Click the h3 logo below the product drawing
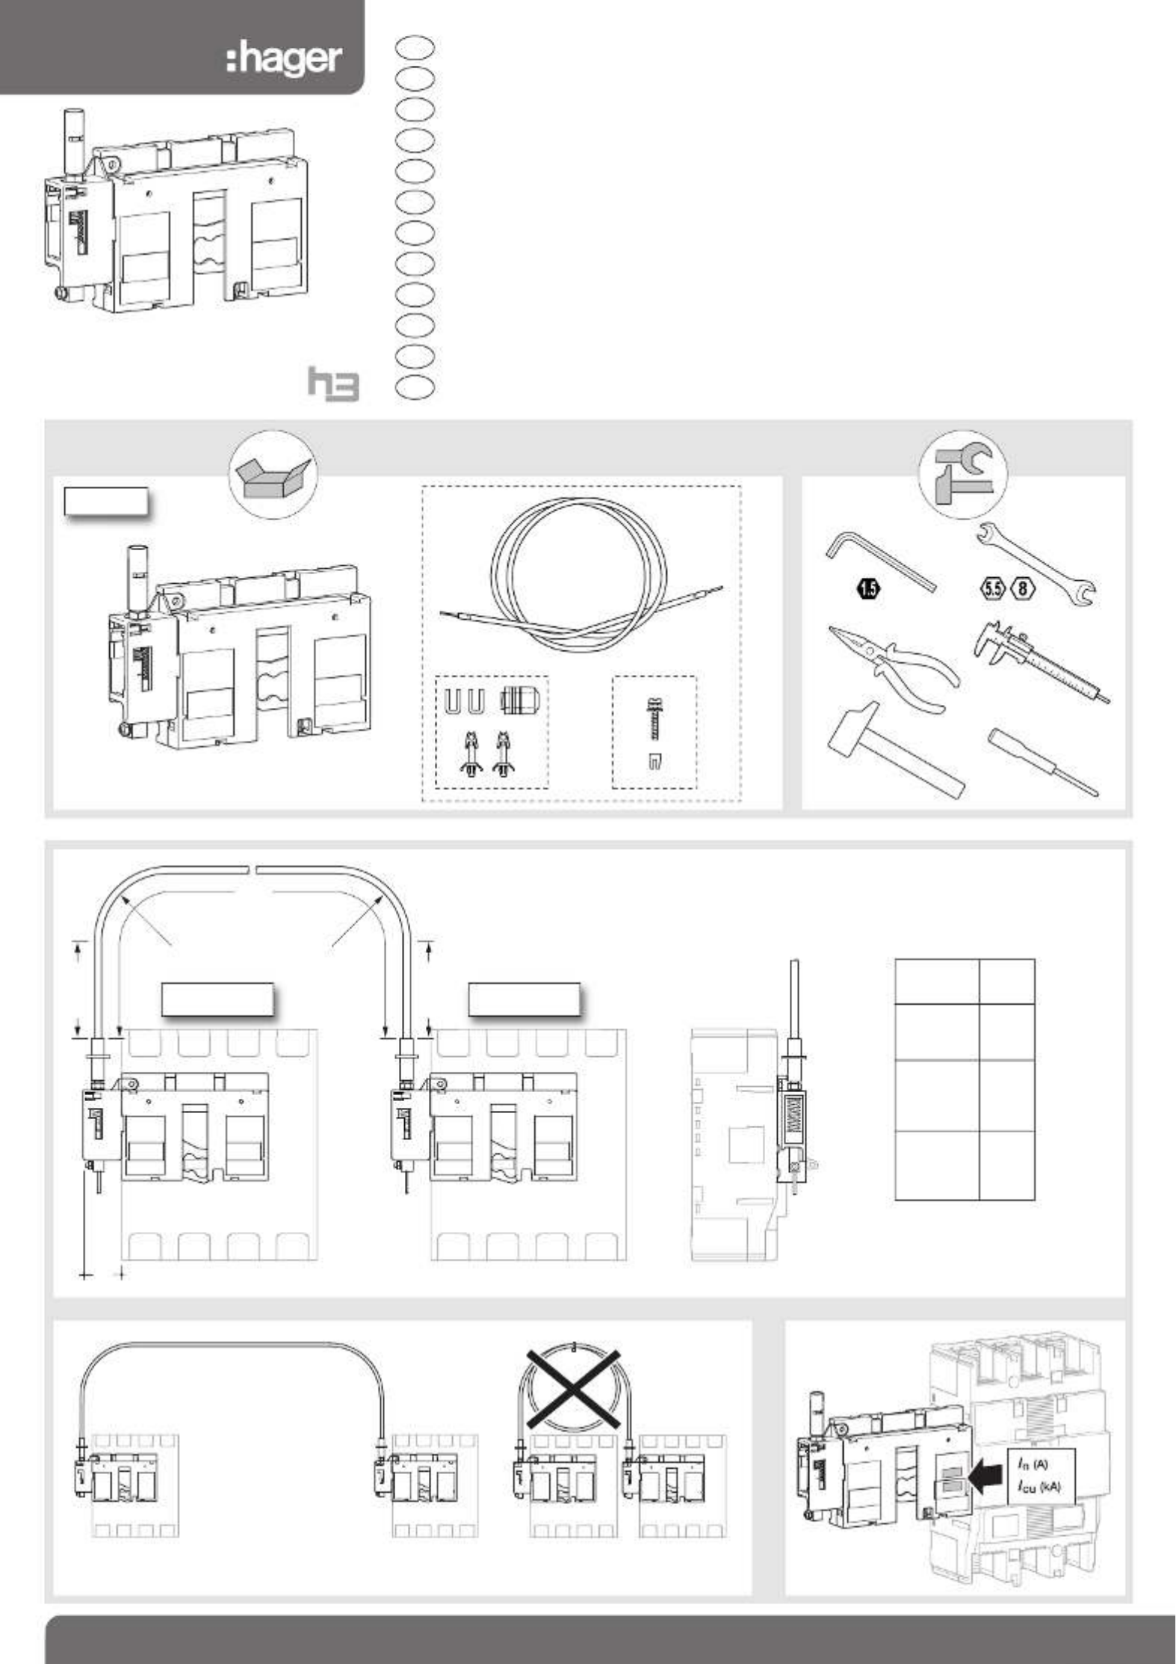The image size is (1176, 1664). tap(333, 383)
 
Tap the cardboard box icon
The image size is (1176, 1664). tap(273, 475)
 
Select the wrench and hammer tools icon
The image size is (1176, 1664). tap(963, 475)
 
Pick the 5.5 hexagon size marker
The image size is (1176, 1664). tap(992, 588)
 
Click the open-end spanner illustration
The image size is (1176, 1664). tap(1036, 564)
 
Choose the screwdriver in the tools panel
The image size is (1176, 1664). tap(1043, 762)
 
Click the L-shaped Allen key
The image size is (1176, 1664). tap(880, 560)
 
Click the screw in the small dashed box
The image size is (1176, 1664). tap(653, 720)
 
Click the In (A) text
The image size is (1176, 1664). tap(1033, 1464)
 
